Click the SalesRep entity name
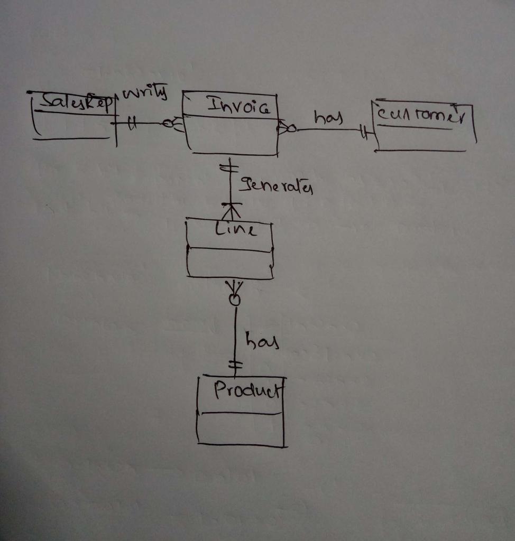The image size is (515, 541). [x=74, y=102]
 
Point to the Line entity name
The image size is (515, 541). [x=235, y=230]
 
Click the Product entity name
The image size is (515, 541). [x=245, y=391]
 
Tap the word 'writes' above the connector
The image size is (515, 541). [x=144, y=95]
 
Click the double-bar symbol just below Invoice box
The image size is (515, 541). [x=229, y=168]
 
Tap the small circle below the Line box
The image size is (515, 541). [x=234, y=300]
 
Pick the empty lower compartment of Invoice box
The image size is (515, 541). [x=231, y=136]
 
